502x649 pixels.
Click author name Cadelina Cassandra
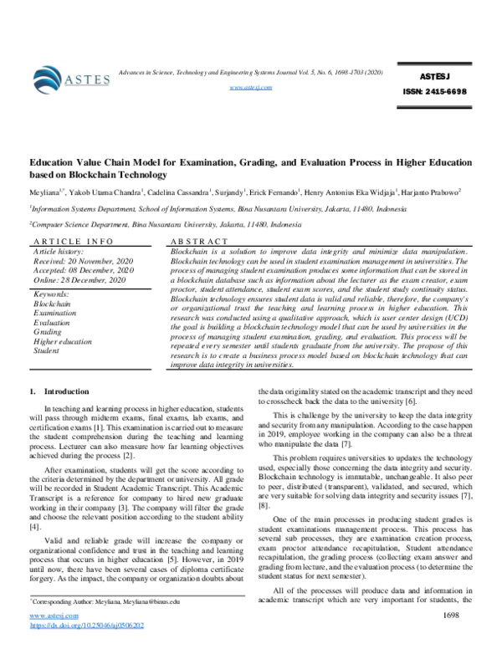[189, 192]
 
